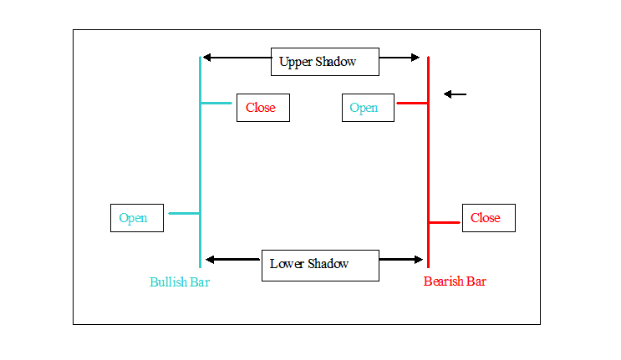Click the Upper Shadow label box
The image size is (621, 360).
click(325, 62)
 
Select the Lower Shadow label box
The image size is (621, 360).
click(320, 266)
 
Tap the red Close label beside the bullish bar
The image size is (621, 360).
click(263, 108)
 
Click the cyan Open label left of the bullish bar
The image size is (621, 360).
click(137, 218)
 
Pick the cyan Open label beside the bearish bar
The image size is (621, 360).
click(368, 108)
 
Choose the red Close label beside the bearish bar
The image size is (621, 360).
click(489, 218)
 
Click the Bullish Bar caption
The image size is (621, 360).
click(180, 282)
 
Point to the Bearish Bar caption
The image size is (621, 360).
click(455, 281)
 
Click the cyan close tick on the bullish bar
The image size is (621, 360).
click(216, 104)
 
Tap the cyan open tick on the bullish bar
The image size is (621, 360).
click(184, 214)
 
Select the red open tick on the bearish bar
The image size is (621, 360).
click(412, 104)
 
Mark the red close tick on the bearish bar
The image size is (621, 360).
click(445, 223)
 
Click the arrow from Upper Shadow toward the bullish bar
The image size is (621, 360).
click(237, 58)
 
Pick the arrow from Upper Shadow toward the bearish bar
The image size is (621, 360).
click(400, 58)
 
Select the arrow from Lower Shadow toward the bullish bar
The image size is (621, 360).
click(233, 260)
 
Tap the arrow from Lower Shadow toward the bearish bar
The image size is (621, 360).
click(401, 260)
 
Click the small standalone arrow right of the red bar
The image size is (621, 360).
click(455, 94)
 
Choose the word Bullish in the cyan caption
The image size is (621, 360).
click(168, 282)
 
